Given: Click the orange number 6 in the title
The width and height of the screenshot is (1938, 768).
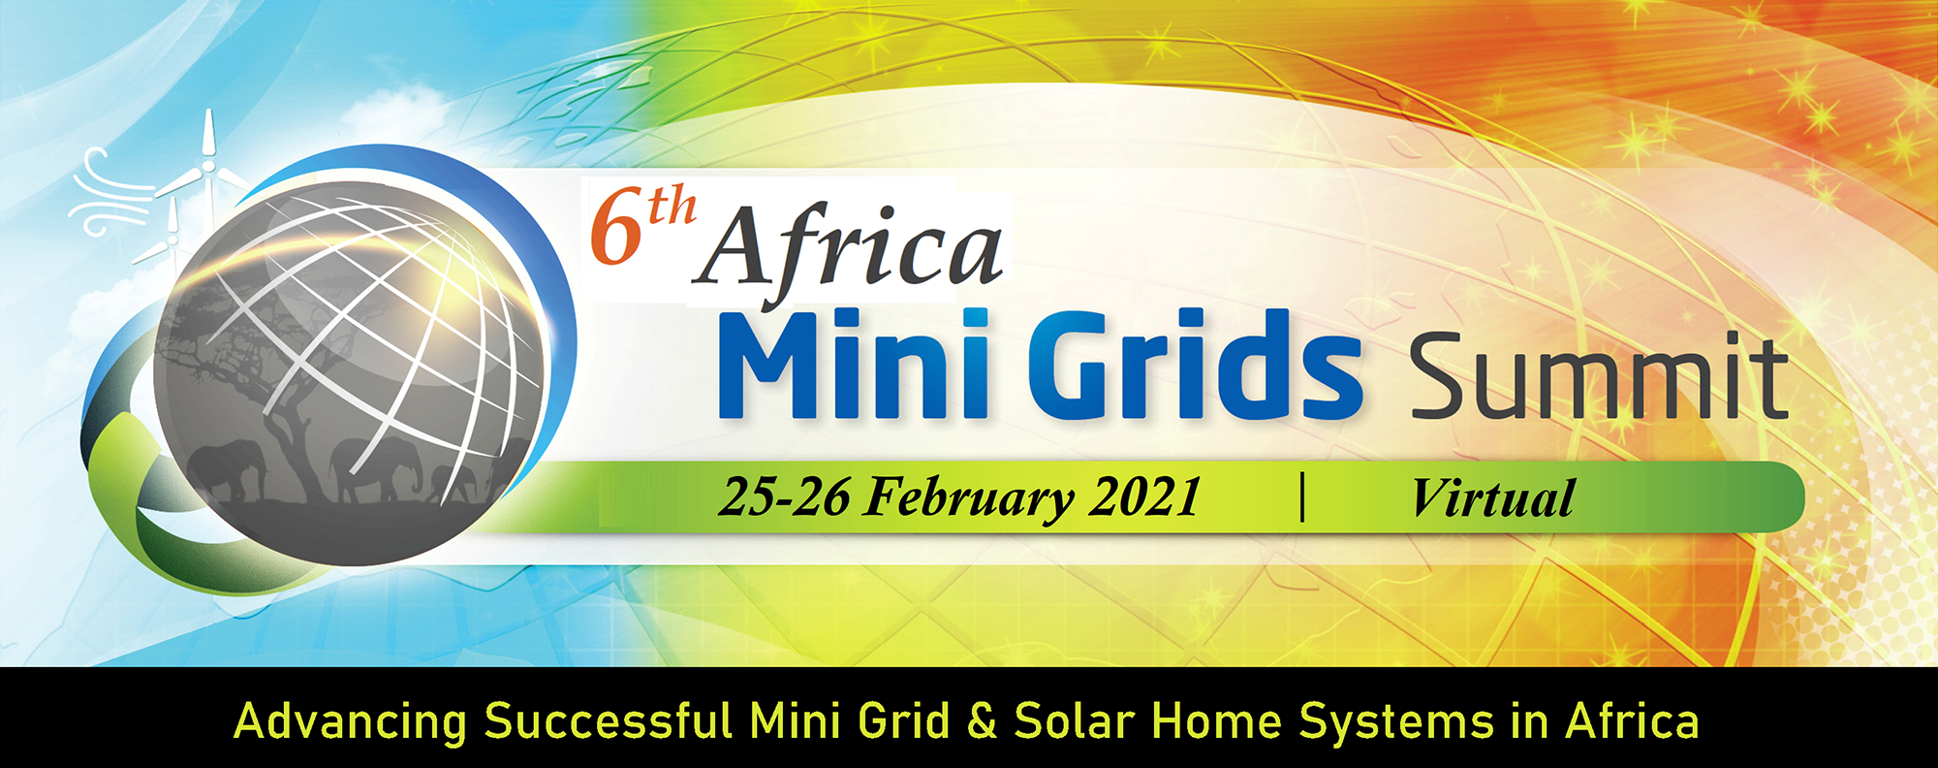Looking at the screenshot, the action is (x=617, y=230).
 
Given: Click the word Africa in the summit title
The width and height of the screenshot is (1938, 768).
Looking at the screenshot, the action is (x=849, y=251).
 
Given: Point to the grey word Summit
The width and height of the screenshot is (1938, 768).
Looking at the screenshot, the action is (x=1598, y=375).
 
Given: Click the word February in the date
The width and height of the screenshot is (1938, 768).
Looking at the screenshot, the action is (x=969, y=498).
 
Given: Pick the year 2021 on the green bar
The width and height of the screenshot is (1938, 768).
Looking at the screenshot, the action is (x=1145, y=496).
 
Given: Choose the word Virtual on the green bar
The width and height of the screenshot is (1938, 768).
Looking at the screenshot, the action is (x=1492, y=498).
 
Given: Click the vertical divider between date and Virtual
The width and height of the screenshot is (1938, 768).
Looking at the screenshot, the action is (x=1302, y=496).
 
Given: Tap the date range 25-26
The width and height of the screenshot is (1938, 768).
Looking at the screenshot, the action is (x=784, y=496).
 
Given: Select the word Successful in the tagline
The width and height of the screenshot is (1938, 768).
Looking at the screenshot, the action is (x=608, y=721).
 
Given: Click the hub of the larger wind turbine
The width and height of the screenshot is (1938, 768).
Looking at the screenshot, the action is (x=207, y=168).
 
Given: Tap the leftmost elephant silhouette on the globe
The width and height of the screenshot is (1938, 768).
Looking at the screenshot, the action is (x=229, y=469).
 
